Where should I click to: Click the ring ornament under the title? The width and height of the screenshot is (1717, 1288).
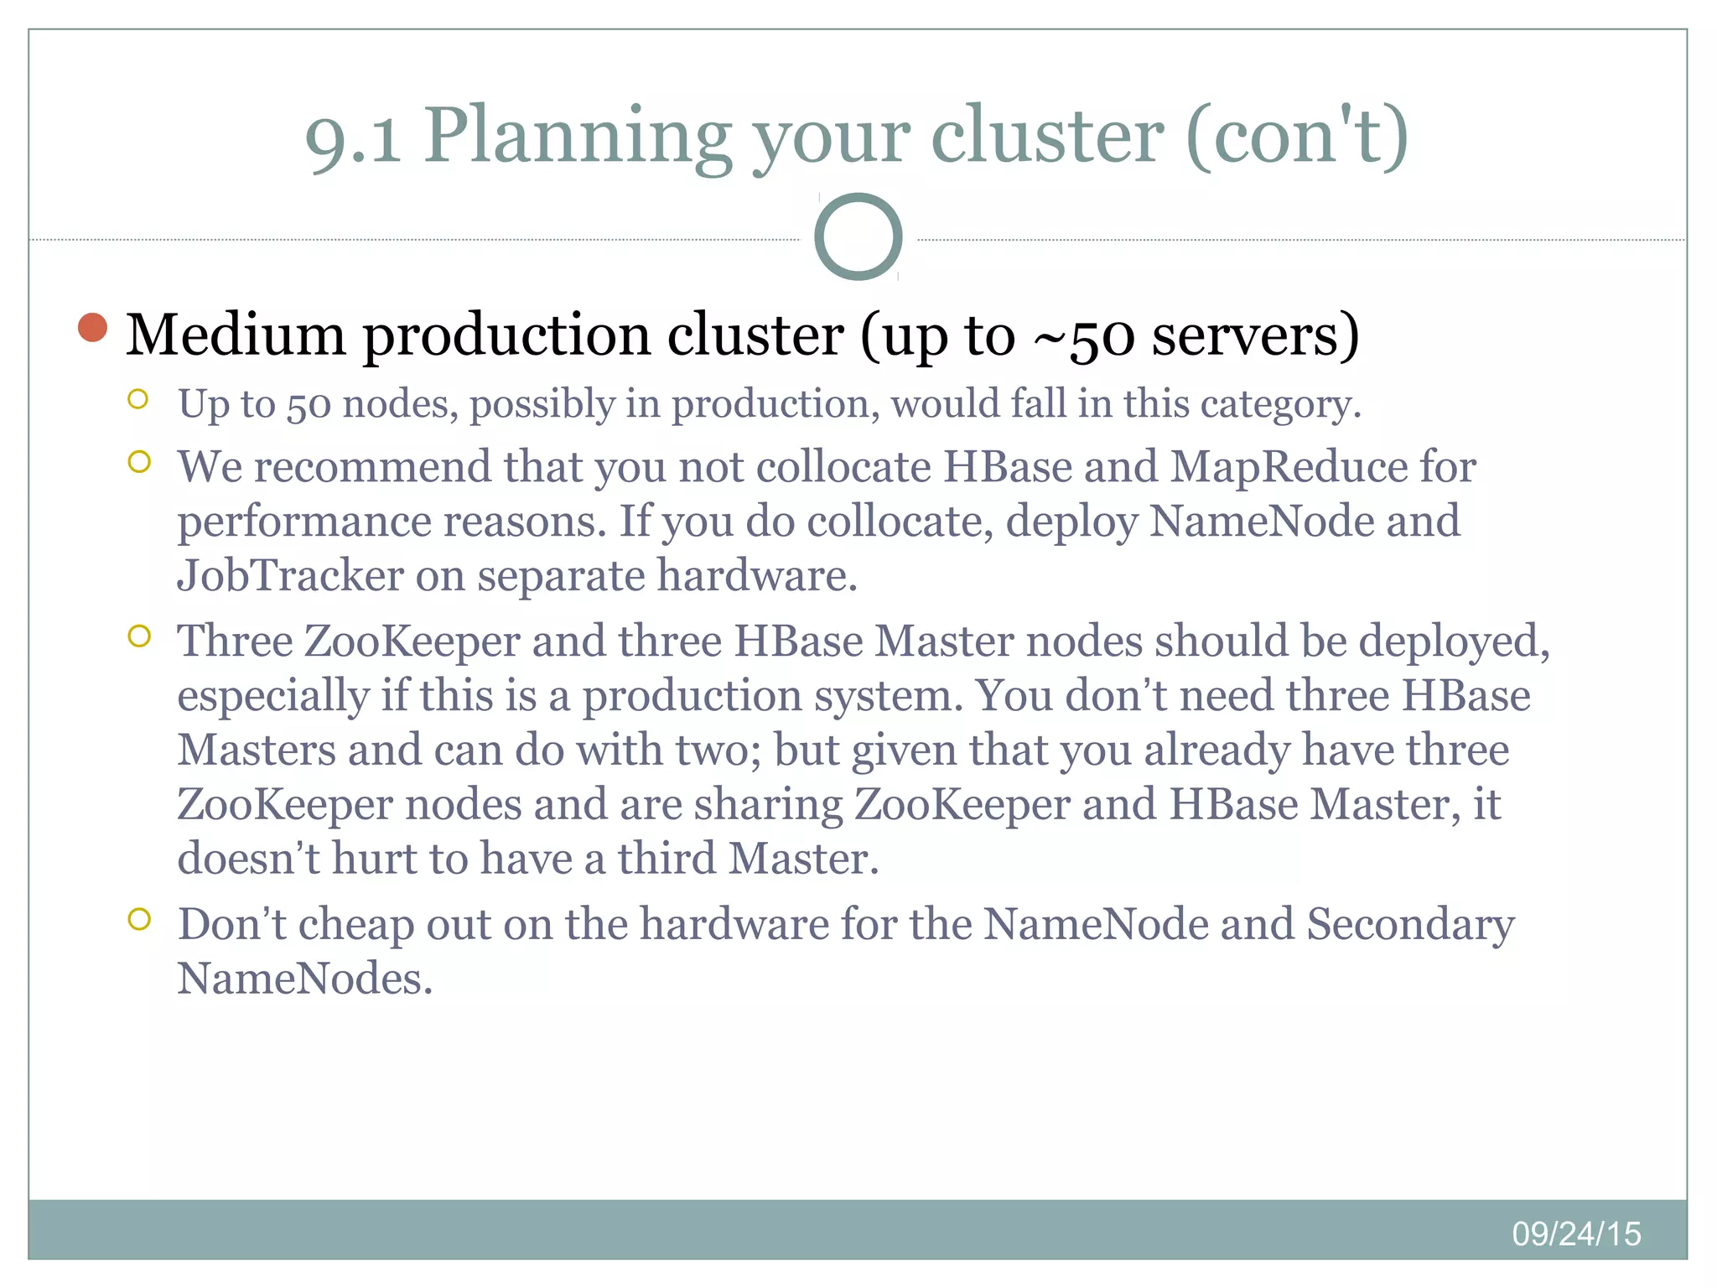858,236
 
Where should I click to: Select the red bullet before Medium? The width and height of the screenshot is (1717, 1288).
92,328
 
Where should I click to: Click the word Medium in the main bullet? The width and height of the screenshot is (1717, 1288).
235,335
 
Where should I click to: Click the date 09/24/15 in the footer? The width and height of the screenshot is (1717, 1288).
1576,1233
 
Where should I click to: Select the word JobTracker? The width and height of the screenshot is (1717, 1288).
290,575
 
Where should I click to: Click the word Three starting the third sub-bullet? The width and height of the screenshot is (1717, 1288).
235,641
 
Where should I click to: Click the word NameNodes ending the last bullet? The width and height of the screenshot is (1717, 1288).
304,978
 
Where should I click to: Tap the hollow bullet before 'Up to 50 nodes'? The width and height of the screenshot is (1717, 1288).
139,399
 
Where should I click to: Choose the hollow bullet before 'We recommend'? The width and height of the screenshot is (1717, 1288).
139,462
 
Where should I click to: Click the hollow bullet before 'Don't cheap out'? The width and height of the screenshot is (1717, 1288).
139,919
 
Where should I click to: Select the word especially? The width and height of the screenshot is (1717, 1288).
273,695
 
